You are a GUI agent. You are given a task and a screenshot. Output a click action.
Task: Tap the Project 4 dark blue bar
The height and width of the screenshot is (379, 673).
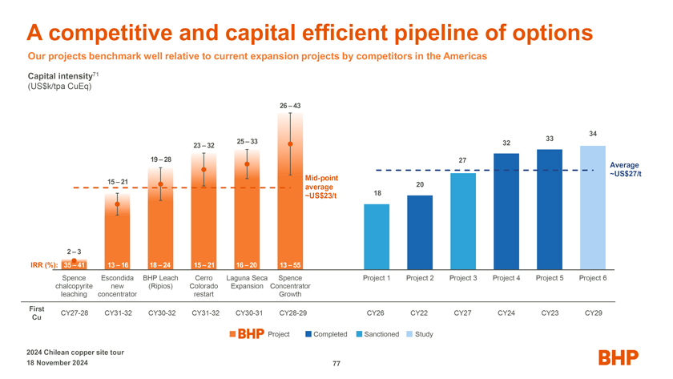click(x=506, y=212)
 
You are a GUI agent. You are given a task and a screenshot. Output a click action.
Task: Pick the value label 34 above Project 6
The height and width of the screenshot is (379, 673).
click(x=592, y=133)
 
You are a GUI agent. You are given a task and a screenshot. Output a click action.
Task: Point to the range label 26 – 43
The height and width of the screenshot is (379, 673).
click(x=290, y=107)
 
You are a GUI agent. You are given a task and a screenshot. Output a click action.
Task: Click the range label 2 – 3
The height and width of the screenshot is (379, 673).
click(x=74, y=252)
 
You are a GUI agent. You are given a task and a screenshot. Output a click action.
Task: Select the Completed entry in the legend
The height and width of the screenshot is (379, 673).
click(x=325, y=334)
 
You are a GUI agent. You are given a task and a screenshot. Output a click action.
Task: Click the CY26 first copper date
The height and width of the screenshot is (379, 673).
click(x=376, y=312)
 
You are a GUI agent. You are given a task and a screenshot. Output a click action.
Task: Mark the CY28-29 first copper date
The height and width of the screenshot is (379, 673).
click(x=290, y=312)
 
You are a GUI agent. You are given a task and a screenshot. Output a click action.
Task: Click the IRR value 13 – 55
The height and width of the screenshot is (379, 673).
click(x=290, y=266)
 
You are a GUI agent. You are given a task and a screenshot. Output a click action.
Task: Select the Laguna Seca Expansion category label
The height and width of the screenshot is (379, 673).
click(x=247, y=282)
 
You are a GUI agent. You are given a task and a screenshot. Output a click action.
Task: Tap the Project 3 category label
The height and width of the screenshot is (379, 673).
click(x=463, y=278)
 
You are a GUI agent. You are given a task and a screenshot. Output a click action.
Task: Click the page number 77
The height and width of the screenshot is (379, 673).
click(x=336, y=364)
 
